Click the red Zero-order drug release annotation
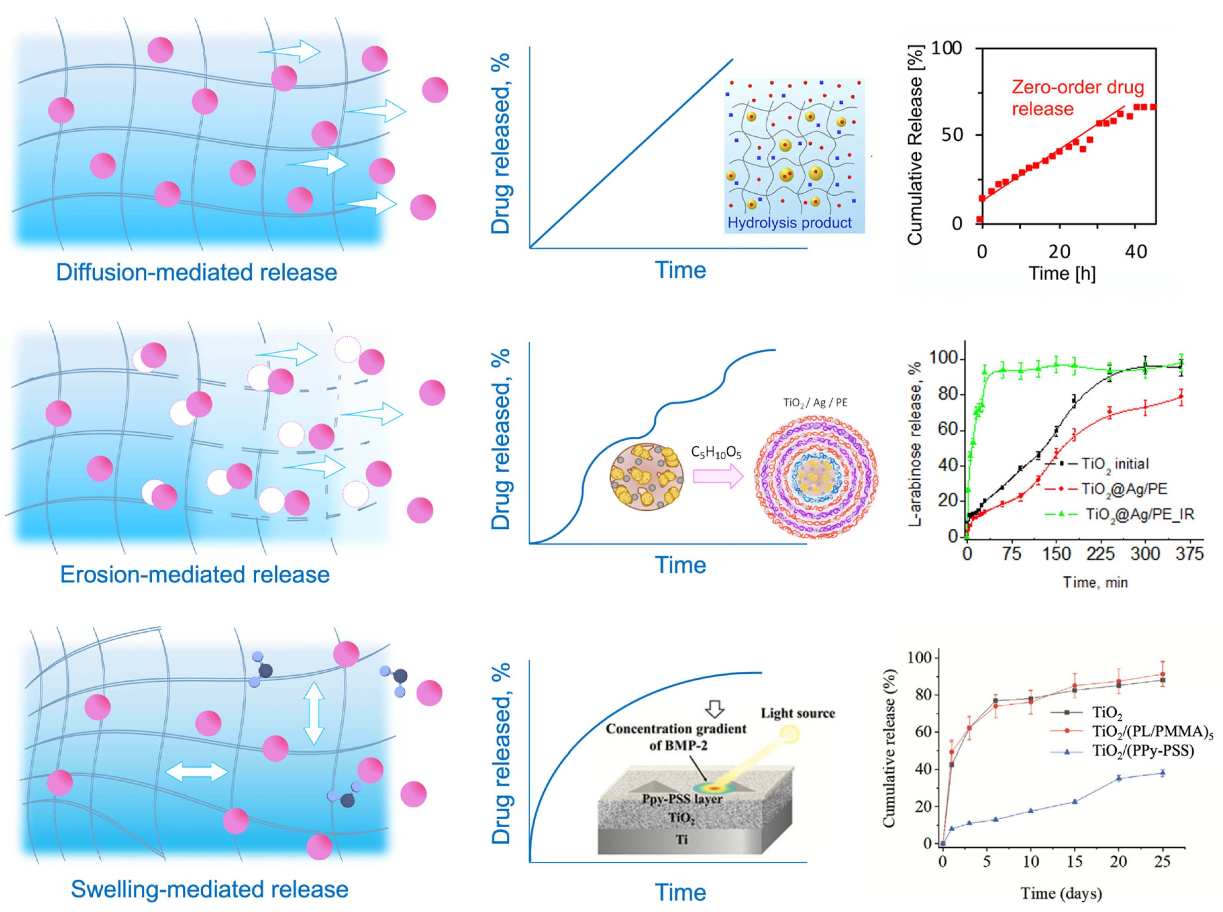(1077, 98)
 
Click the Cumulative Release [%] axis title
(915, 145)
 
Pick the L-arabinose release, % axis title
(915, 444)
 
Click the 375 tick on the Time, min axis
(1189, 554)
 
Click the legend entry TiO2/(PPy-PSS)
(1143, 751)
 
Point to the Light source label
(797, 713)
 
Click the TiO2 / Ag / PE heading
(815, 403)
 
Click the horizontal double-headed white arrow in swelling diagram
(197, 772)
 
